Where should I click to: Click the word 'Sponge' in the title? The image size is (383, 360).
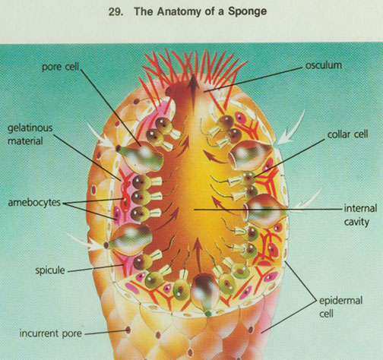pyautogui.click(x=247, y=11)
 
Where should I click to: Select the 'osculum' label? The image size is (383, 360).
pyautogui.click(x=324, y=65)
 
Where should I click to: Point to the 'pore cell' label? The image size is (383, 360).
pyautogui.click(x=61, y=67)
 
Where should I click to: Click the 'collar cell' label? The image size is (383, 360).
pyautogui.click(x=347, y=134)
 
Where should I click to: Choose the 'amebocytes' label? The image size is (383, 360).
pyautogui.click(x=34, y=203)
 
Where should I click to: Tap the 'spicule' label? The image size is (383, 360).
pyautogui.click(x=50, y=270)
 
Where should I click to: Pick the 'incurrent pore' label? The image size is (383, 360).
pyautogui.click(x=51, y=333)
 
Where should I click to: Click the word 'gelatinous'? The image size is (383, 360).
pyautogui.click(x=30, y=128)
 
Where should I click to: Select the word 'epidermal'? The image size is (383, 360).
pyautogui.click(x=340, y=301)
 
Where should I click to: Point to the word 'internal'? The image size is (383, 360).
pyautogui.click(x=360, y=209)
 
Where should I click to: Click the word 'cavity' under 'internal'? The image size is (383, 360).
pyautogui.click(x=356, y=223)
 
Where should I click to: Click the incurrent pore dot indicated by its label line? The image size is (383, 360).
pyautogui.click(x=128, y=330)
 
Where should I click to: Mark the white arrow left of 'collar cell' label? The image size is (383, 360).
pyautogui.click(x=290, y=128)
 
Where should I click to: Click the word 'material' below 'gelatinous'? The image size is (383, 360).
pyautogui.click(x=25, y=141)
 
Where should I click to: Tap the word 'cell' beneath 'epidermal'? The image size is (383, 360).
pyautogui.click(x=326, y=314)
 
